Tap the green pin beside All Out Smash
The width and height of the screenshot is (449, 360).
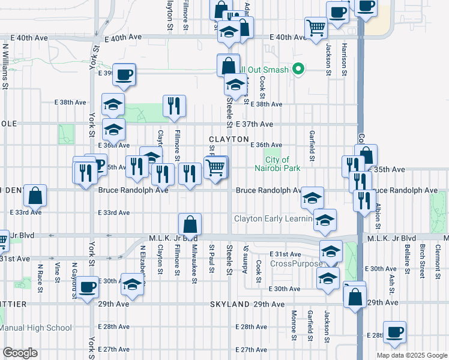click(x=298, y=70)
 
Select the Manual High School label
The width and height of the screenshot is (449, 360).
click(x=35, y=328)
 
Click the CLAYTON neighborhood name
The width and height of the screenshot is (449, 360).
click(x=228, y=139)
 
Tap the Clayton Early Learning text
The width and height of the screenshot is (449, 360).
click(x=273, y=219)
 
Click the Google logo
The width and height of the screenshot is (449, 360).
click(x=20, y=353)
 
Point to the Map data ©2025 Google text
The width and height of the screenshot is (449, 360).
click(x=411, y=355)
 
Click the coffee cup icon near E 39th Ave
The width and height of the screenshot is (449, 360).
click(x=124, y=75)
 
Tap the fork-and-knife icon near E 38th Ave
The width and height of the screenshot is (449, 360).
click(x=173, y=106)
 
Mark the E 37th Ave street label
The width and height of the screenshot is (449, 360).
click(x=254, y=124)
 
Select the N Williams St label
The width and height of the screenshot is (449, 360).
click(x=6, y=66)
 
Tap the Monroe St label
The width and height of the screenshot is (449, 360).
click(x=294, y=323)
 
